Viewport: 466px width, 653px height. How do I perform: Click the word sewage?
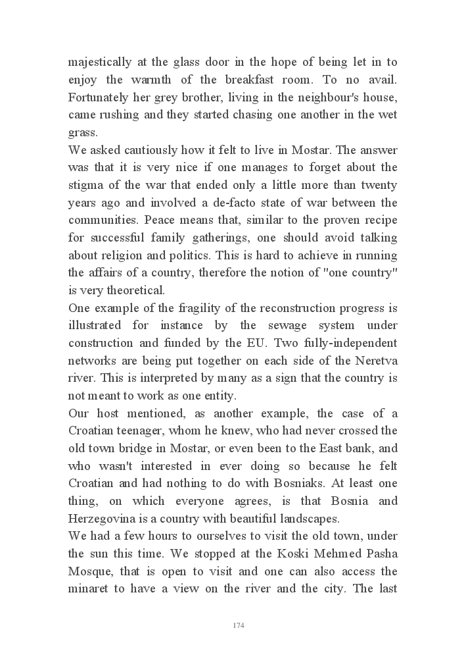[296, 325]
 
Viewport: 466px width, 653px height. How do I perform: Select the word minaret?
[89, 588]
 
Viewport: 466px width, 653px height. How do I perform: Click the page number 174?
[239, 625]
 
